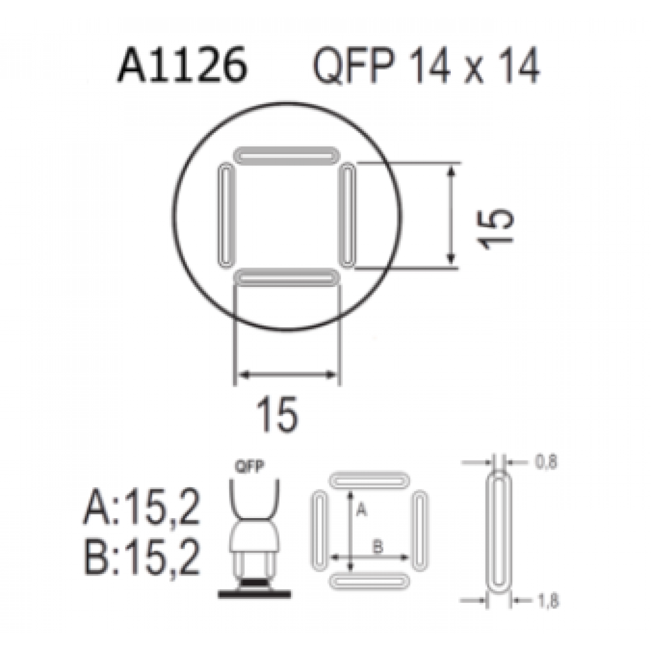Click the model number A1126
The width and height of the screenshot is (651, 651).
(x=182, y=66)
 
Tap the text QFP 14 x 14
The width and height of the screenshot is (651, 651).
(x=426, y=66)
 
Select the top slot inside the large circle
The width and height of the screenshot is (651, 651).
(x=286, y=156)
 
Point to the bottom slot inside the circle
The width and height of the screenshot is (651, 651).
(x=286, y=278)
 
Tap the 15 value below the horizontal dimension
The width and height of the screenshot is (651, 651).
(x=277, y=413)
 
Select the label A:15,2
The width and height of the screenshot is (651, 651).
(x=142, y=507)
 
